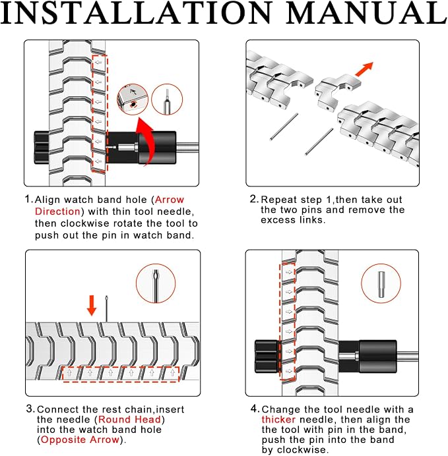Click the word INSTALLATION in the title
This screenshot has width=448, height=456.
136,13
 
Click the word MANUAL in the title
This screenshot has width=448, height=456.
367,13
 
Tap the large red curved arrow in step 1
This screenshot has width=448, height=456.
146,140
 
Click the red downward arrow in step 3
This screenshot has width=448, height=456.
92,305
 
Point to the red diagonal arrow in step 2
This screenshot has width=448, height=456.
364,69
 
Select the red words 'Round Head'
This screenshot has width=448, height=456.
129,419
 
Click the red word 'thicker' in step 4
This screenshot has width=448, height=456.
278,419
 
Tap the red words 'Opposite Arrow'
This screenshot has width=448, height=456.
80,440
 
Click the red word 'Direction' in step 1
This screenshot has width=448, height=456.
57,211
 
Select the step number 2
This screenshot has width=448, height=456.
253,199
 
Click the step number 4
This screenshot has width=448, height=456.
254,409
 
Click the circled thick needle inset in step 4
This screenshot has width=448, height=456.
381,283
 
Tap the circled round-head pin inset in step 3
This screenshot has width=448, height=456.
156,283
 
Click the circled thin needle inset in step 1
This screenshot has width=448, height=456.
167,100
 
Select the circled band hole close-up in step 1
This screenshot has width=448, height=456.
133,100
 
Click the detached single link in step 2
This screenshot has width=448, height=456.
337,91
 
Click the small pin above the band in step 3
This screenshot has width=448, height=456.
106,309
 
